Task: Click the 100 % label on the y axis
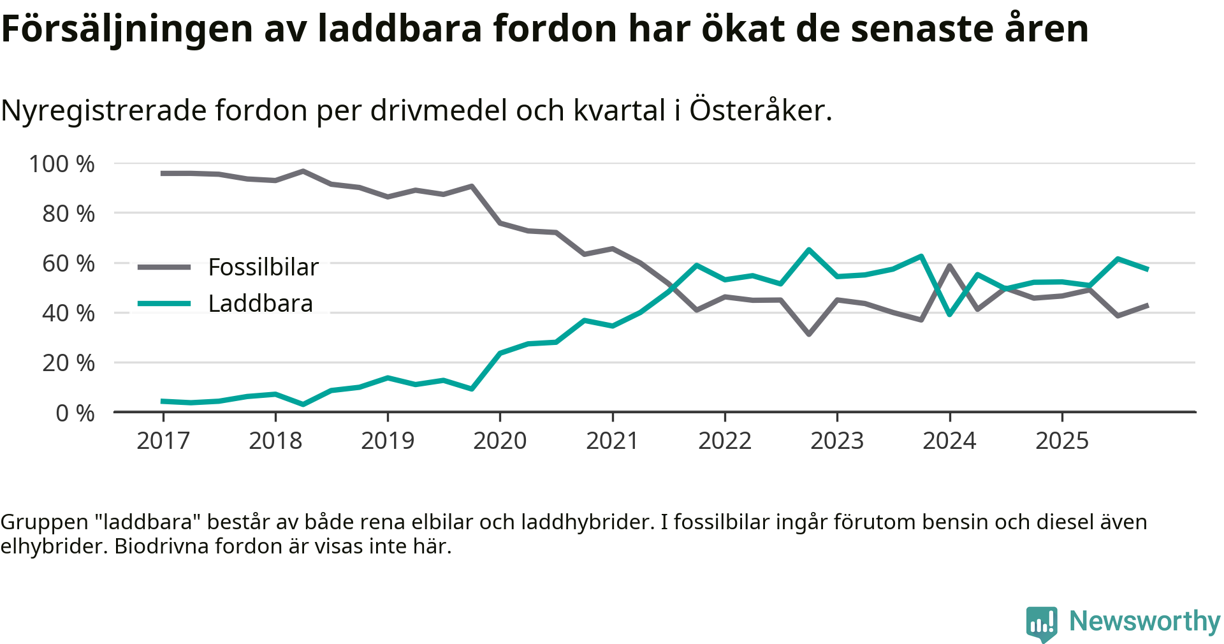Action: point(62,165)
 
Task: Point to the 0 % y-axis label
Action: point(75,413)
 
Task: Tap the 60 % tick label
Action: point(68,264)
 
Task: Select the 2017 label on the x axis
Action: point(163,441)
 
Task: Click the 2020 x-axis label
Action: point(500,441)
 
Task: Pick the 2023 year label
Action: point(837,441)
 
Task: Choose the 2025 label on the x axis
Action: point(1062,441)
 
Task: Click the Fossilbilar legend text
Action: point(263,267)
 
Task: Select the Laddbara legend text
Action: point(261,304)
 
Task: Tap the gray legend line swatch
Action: point(164,267)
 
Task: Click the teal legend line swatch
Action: point(164,304)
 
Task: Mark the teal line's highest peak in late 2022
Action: point(809,249)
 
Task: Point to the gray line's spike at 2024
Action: point(950,265)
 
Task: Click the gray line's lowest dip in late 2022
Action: point(809,334)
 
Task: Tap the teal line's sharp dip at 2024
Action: point(950,314)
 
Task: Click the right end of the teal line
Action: point(1147,269)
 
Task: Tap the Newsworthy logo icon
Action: point(1042,623)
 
